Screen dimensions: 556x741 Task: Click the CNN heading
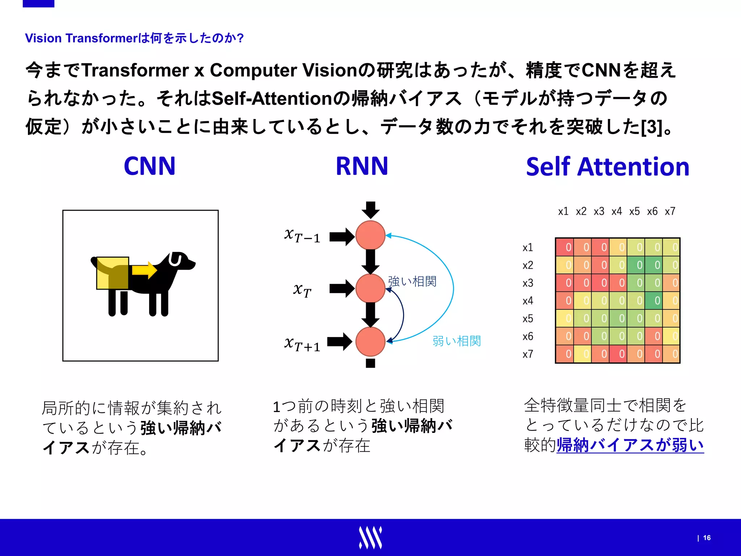[x=149, y=166]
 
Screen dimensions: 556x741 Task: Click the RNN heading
[x=362, y=166]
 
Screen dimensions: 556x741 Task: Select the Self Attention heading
[x=607, y=167]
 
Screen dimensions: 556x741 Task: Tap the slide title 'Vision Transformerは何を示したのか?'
[x=134, y=38]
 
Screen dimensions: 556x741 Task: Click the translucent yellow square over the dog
[x=113, y=273]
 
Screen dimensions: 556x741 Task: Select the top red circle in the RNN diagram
[x=370, y=235]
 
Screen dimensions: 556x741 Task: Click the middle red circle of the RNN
[x=370, y=288]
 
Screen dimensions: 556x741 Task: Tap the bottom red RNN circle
[x=370, y=341]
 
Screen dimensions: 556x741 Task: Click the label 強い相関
[x=412, y=281]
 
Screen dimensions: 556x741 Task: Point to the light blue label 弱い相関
[x=457, y=341]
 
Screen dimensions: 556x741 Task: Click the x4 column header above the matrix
[x=617, y=211]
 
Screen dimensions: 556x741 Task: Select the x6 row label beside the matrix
[x=528, y=336]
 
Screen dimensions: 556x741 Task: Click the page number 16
[x=707, y=538]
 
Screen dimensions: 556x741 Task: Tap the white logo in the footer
[x=370, y=538]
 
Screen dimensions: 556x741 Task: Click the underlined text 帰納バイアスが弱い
[x=630, y=445]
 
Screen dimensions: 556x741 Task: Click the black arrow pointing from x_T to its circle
[x=342, y=288]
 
